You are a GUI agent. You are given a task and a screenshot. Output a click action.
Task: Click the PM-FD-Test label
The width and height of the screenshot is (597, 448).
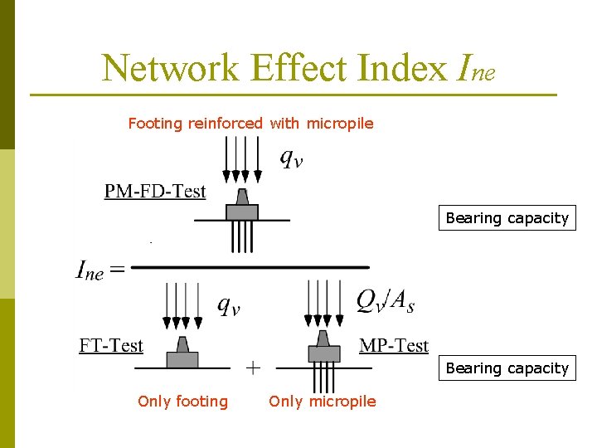[155, 192]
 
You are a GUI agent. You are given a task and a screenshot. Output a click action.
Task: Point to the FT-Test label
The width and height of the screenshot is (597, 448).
[111, 346]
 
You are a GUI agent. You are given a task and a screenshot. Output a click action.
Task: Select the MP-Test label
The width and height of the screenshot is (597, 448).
[394, 346]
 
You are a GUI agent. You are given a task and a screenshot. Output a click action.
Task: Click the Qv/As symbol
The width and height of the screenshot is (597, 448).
[386, 302]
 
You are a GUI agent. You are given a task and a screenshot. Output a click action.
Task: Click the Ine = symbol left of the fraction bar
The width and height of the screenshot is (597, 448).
[100, 270]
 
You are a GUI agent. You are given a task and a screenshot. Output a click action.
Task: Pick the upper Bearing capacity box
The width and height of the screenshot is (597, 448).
[507, 218]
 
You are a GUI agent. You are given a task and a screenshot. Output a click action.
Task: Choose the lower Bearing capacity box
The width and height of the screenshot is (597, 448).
[507, 368]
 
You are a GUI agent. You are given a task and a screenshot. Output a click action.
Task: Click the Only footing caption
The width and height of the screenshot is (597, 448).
[182, 402]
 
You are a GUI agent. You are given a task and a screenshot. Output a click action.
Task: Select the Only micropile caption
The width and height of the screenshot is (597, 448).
[322, 402]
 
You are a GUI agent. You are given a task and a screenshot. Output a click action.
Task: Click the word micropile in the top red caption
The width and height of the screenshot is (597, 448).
[340, 124]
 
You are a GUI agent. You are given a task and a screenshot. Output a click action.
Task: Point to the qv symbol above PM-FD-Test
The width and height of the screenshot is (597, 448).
[291, 158]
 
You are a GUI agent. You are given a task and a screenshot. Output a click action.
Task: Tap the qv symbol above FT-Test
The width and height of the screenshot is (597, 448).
[229, 305]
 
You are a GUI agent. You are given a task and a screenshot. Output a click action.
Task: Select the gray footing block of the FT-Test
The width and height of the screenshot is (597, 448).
[182, 359]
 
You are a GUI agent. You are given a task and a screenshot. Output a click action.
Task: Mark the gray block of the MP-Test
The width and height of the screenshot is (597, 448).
[324, 353]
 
